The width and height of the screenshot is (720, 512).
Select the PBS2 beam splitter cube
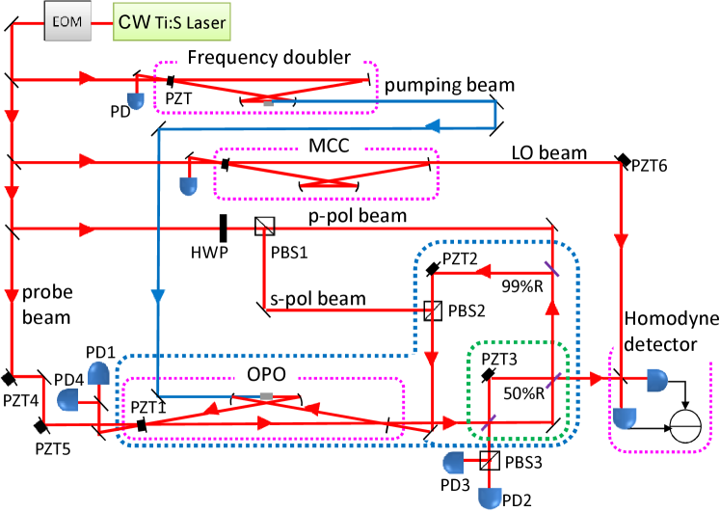tap(433, 310)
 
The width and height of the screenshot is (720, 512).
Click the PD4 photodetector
tap(69, 399)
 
